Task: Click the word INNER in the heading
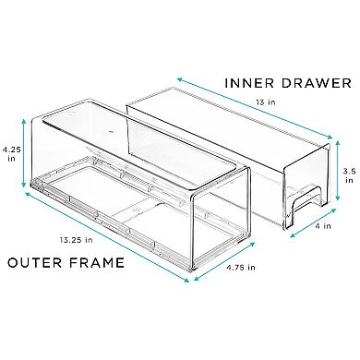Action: coord(246,83)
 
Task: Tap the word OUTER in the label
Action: coord(34,263)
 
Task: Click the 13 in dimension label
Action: coord(265,102)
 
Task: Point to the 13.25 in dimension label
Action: coord(77,240)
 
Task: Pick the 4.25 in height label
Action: coord(9,154)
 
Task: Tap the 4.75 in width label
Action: coord(241,267)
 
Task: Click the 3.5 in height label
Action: coord(349,175)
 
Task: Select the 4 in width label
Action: coord(323,225)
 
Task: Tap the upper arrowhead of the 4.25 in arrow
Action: coord(23,121)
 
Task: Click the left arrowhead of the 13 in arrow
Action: coord(179,79)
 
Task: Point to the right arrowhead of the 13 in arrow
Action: coord(330,138)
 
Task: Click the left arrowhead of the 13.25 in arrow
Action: coord(27,194)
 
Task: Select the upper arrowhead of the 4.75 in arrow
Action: coord(253,244)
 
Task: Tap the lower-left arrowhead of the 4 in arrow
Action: coord(293,235)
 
